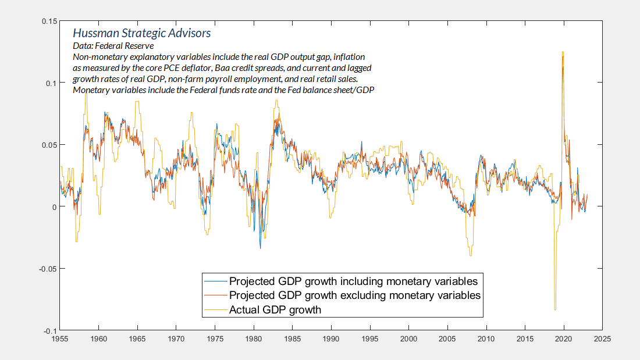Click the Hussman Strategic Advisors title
pos(141,34)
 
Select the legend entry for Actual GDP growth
pos(275,309)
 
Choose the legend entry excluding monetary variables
pos(355,295)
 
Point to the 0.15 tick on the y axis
pos(49,22)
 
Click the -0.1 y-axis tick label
pos(50,330)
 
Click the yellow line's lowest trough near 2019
pos(555,310)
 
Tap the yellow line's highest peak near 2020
pos(563,52)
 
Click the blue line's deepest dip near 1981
pos(260,248)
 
